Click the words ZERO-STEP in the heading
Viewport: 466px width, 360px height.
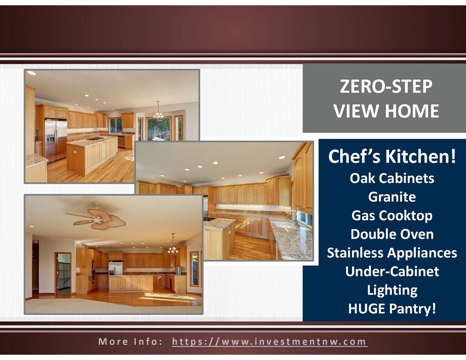(386, 86)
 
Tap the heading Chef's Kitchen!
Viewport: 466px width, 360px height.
(392, 156)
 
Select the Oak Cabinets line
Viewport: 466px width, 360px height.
(392, 178)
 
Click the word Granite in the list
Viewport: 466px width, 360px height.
(392, 197)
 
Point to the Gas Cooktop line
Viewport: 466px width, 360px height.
(392, 216)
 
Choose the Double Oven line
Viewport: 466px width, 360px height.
(392, 234)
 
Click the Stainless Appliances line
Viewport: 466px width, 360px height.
(392, 253)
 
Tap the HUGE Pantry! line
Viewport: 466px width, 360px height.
(392, 309)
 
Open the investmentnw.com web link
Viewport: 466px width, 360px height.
(269, 342)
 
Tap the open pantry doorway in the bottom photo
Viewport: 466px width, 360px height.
(63, 273)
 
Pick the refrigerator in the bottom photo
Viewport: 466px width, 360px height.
(116, 268)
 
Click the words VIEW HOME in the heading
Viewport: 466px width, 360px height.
(386, 111)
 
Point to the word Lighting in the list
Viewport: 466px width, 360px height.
(392, 290)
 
